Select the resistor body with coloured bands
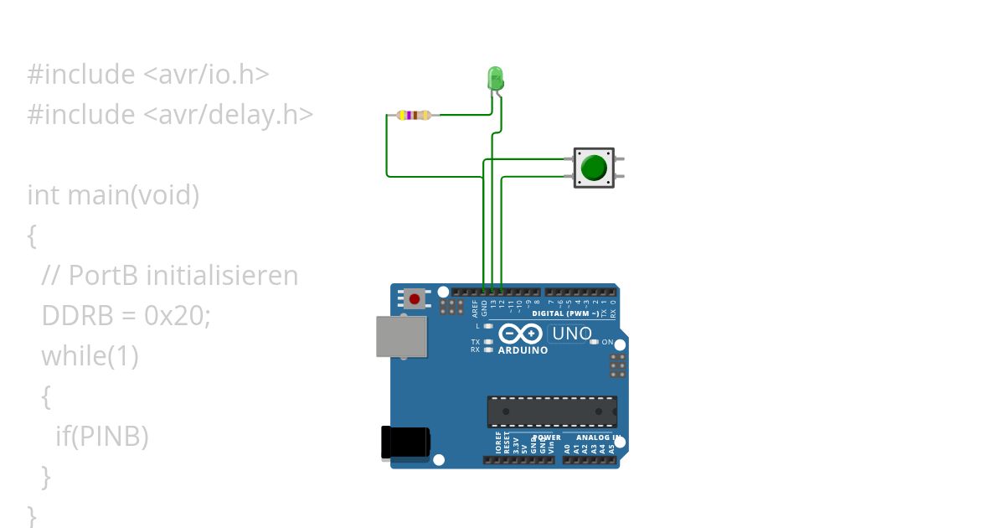(415, 115)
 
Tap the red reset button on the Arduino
(414, 298)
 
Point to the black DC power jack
(405, 442)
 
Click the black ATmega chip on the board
(552, 412)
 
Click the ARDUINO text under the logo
(523, 350)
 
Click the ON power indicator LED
(595, 342)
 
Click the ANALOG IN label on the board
(598, 437)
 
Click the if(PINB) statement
(101, 436)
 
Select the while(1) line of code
(90, 356)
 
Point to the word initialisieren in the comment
(221, 276)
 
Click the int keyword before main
(44, 195)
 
